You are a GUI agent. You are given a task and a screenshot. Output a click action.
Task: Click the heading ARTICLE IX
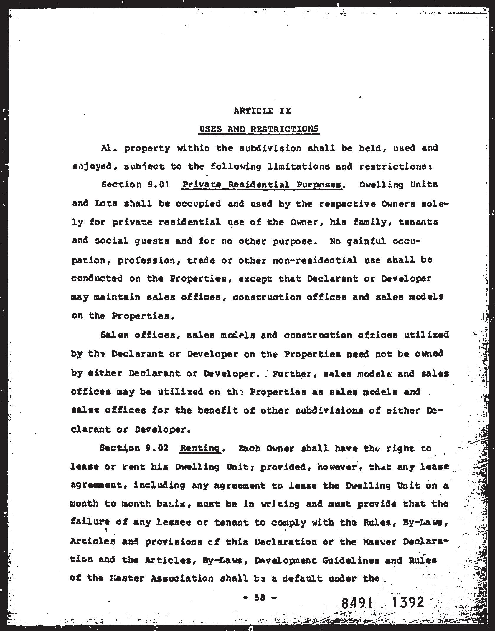pos(262,111)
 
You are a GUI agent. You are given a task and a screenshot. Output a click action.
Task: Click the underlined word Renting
pos(200,448)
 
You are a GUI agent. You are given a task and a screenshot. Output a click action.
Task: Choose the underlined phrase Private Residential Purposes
pos(262,185)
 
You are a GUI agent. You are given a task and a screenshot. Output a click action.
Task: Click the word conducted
pos(97,278)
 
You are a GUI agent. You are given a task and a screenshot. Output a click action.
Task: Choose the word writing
pos(280,504)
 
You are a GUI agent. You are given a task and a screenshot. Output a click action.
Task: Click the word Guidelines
pos(351,560)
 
